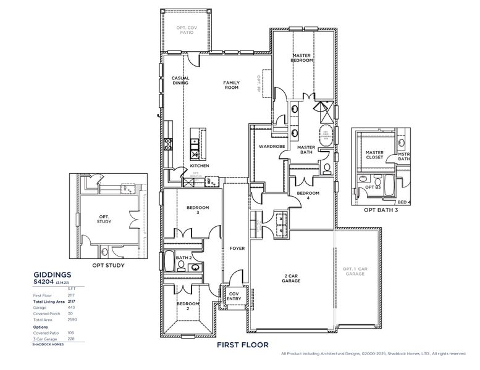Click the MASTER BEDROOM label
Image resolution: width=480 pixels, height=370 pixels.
pos(301,58)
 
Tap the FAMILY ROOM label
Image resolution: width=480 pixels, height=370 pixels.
pos(231,85)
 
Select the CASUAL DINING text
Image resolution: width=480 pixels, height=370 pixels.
pos(180,80)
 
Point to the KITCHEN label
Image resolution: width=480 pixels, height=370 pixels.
pos(199,166)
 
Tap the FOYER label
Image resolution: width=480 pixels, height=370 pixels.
pos(237,249)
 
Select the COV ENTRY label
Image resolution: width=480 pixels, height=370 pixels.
pos(234,296)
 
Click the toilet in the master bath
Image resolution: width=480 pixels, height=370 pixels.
pos(326,166)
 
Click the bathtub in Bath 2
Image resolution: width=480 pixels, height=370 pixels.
pos(169,261)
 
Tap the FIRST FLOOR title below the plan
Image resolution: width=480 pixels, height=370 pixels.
pos(242,345)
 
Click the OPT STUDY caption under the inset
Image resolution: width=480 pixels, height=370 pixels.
pos(108,266)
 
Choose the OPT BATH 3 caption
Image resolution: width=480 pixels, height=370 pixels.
pos(381,210)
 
